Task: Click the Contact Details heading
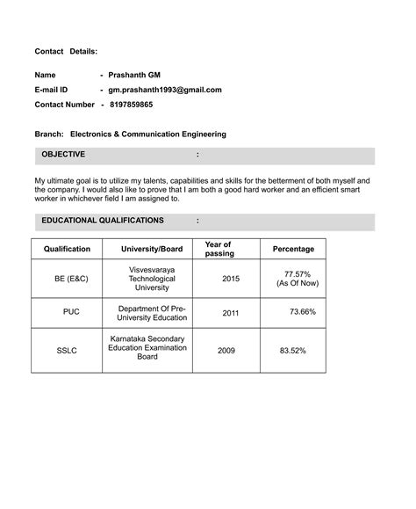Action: coord(66,53)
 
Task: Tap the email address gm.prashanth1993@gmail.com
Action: coord(164,90)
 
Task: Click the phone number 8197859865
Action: coord(131,105)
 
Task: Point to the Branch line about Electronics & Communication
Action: coord(130,135)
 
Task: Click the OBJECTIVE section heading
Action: coord(63,155)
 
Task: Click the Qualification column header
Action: coord(67,249)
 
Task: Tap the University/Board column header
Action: coord(152,249)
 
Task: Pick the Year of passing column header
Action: coord(218,249)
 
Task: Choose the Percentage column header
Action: coord(293,249)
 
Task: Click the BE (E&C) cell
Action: coord(71,279)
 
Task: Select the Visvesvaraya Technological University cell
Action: coord(152,278)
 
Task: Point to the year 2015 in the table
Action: coord(231,279)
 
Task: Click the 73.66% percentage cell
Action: coord(303,312)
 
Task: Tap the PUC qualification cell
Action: coord(71,313)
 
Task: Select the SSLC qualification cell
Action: coord(67,351)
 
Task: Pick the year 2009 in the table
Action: coord(226,351)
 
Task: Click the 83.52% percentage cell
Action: coord(292,351)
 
